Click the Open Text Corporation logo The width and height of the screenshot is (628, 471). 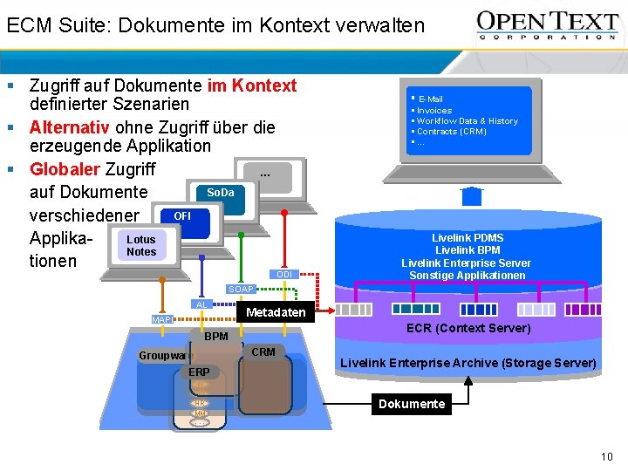point(546,25)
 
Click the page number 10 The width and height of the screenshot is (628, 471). point(607,457)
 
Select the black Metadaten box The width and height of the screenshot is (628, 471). point(276,312)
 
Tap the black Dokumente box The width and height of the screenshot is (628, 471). point(412,404)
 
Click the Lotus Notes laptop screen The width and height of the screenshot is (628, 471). point(141,245)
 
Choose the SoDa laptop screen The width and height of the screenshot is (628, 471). point(221,192)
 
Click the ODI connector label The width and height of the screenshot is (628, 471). point(284,275)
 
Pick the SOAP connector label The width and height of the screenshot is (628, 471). point(240,289)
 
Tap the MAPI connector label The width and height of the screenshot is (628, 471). point(162,320)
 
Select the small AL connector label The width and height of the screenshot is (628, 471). point(201,304)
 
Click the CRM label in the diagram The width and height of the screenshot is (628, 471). point(263,352)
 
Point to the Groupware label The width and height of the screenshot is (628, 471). point(165,356)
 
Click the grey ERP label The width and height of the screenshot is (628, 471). point(199,372)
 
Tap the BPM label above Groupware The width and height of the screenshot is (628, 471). point(215,336)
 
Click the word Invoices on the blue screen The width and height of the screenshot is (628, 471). point(434,111)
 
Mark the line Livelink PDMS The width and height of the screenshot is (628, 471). point(468,237)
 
